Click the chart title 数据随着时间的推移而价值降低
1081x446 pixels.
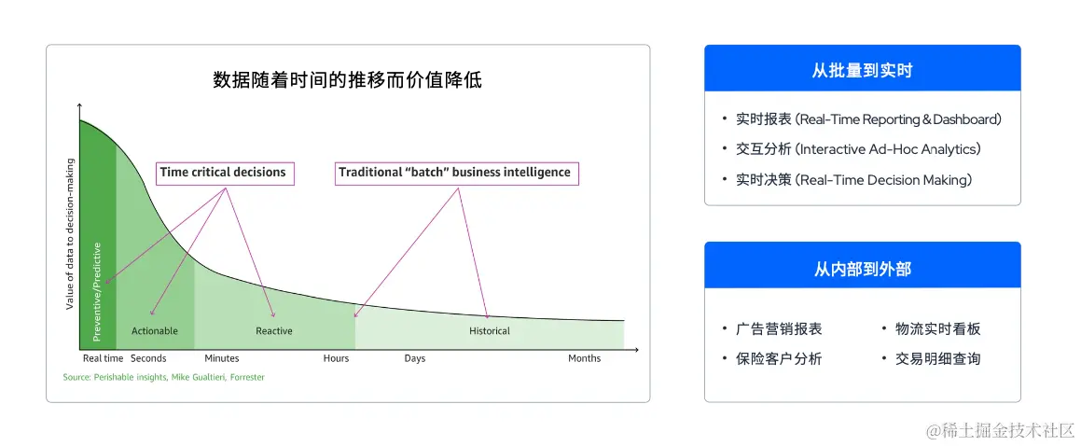point(347,80)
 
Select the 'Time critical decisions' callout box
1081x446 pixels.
point(223,173)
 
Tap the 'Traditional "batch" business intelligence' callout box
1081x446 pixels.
point(454,173)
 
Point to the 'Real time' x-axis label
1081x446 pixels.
point(103,358)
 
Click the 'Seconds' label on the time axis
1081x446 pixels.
point(148,358)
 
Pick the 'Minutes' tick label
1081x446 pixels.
point(222,358)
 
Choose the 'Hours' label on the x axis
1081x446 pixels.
point(336,358)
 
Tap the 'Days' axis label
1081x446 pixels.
point(414,358)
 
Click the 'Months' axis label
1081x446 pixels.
point(585,358)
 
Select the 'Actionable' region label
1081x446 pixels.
point(155,331)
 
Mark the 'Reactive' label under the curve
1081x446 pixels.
point(274,331)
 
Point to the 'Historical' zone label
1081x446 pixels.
point(490,331)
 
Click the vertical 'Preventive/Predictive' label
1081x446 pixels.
point(97,291)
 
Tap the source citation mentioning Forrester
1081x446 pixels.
point(164,378)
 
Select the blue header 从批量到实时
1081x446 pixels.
point(862,70)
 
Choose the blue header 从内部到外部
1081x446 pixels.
point(862,269)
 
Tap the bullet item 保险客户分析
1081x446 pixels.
point(779,359)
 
